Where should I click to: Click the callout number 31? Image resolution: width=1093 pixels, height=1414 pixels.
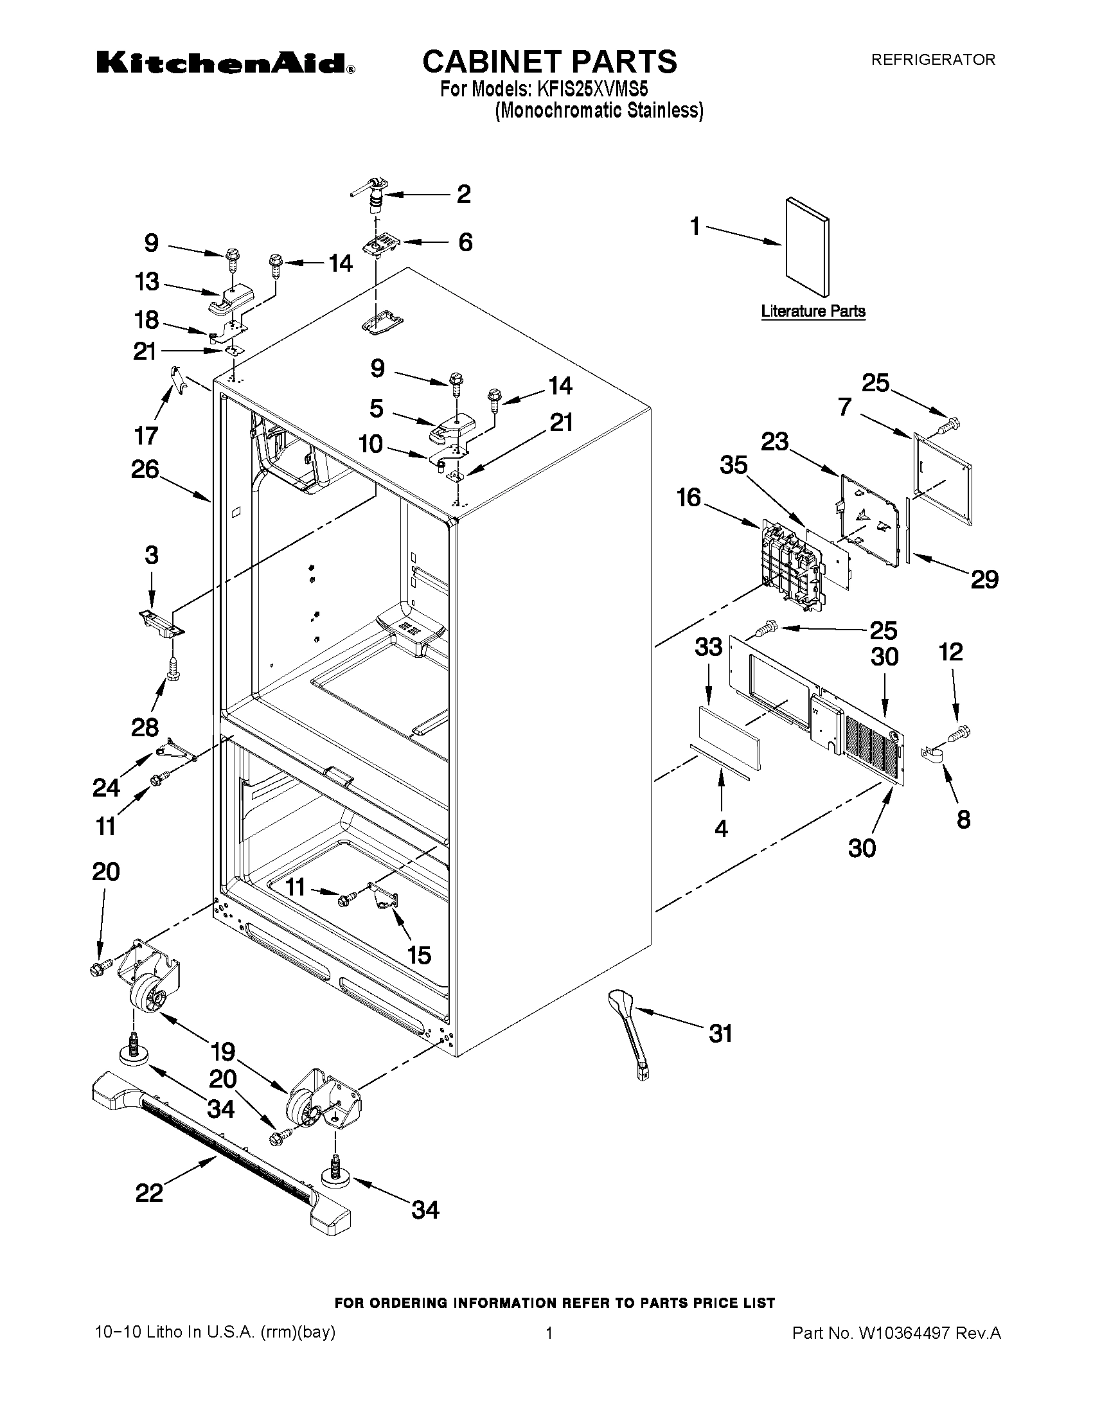point(720,1034)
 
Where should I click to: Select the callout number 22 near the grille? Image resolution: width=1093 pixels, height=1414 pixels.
point(149,1192)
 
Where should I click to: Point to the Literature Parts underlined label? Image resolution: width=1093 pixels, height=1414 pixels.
point(813,311)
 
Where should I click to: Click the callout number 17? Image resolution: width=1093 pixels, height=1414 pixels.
point(146,436)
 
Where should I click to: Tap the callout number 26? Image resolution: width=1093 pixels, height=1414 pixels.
point(145,470)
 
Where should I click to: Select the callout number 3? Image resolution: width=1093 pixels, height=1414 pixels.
point(151,555)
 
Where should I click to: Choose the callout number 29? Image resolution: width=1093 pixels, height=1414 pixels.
point(984,579)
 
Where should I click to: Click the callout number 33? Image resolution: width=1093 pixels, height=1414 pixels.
point(707,646)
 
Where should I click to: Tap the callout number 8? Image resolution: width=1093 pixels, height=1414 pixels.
point(963,820)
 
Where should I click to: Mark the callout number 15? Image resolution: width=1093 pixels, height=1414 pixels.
point(419,954)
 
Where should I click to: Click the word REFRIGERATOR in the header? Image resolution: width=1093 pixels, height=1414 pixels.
point(932,60)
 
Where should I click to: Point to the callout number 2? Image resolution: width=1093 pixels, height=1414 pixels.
point(464,194)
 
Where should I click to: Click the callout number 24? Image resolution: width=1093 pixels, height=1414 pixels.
point(106,788)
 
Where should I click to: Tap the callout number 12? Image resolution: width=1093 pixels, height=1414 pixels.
point(950,651)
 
